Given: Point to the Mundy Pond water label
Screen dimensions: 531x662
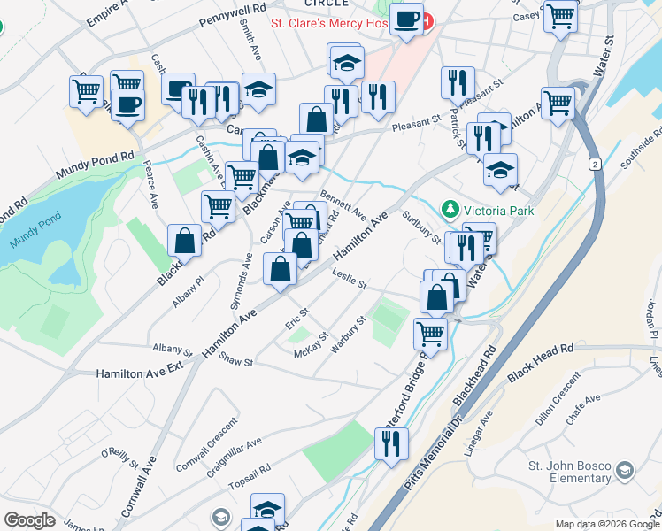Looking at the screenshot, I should tap(35, 232).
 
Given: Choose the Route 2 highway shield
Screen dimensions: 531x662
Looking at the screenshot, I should tap(596, 165).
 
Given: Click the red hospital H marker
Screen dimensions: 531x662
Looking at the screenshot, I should tap(428, 20).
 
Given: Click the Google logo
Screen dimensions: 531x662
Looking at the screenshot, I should tap(29, 520).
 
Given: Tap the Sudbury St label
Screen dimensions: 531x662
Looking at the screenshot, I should tap(422, 227).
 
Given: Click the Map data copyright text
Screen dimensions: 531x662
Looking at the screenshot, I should tap(606, 524).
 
